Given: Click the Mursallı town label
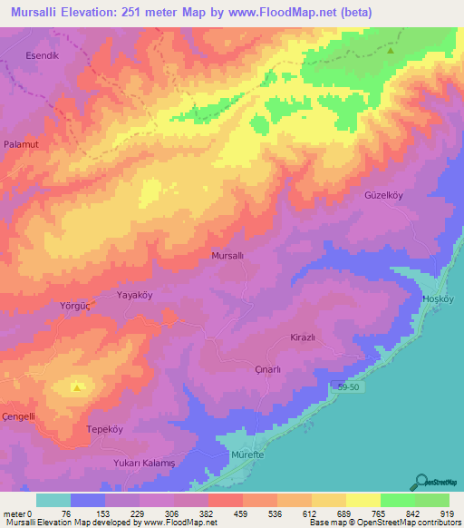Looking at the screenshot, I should coord(227,256).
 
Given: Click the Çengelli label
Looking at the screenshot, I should coord(18,416).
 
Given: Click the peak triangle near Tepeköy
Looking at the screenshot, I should coord(79,387).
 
